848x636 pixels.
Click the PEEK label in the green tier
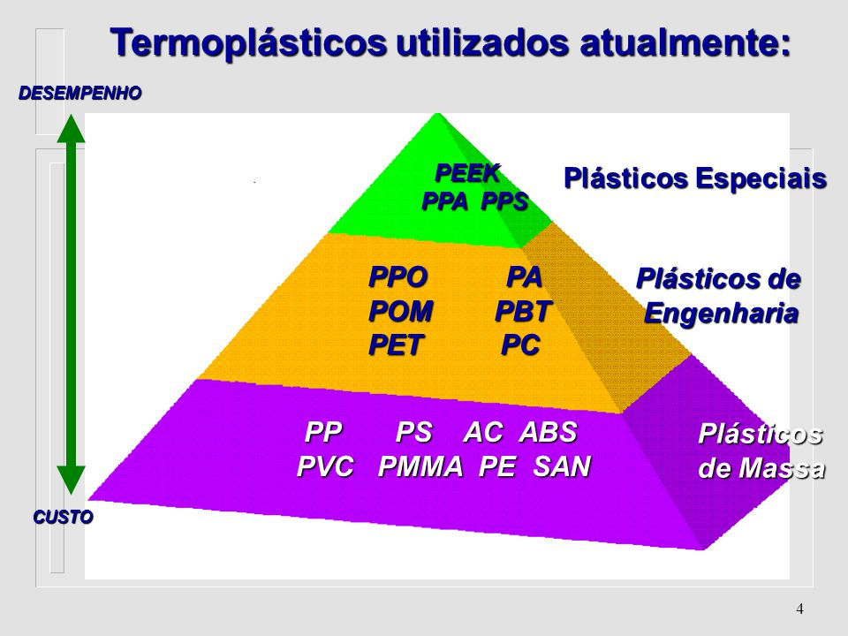468,174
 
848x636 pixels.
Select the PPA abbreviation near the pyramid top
444,201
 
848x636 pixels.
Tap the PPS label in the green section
504,201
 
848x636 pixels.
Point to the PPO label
398,276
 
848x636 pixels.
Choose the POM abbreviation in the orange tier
401,311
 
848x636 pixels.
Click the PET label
396,345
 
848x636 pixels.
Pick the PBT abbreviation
523,311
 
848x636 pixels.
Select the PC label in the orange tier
521,345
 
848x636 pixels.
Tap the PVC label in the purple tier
326,466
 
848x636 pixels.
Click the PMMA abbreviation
420,466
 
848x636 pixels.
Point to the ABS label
549,432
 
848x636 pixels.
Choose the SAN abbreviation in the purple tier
562,466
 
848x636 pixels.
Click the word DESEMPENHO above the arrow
80,93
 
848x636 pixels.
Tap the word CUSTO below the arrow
64,517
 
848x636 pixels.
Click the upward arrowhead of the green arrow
72,128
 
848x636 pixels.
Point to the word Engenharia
722,313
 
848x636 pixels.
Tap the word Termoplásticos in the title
249,42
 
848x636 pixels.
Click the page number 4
800,609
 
